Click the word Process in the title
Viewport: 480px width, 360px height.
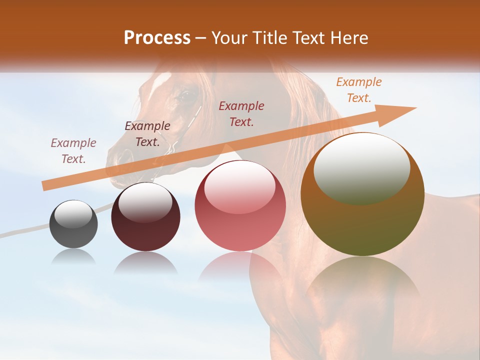(157, 38)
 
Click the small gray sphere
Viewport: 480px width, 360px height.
(73, 224)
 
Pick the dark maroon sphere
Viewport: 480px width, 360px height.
(145, 216)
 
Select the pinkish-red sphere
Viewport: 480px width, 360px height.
(240, 205)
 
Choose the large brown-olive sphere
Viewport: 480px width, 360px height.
(362, 194)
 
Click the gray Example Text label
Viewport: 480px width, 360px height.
(73, 151)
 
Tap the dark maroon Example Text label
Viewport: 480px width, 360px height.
(147, 134)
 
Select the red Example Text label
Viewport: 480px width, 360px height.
(241, 113)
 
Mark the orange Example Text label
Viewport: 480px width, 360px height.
(358, 90)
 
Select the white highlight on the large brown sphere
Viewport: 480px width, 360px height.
(361, 168)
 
